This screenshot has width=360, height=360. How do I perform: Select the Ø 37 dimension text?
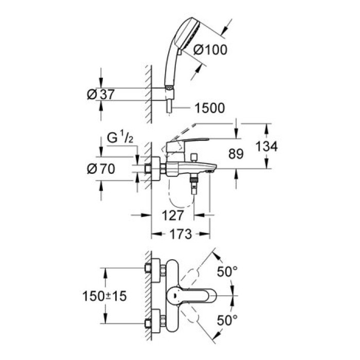point(100,94)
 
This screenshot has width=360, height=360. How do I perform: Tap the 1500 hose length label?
point(210,108)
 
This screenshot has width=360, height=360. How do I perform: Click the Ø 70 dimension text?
point(101,168)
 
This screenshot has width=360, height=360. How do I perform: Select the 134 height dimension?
point(266,147)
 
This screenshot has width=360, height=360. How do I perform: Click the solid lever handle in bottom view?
point(193,297)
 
